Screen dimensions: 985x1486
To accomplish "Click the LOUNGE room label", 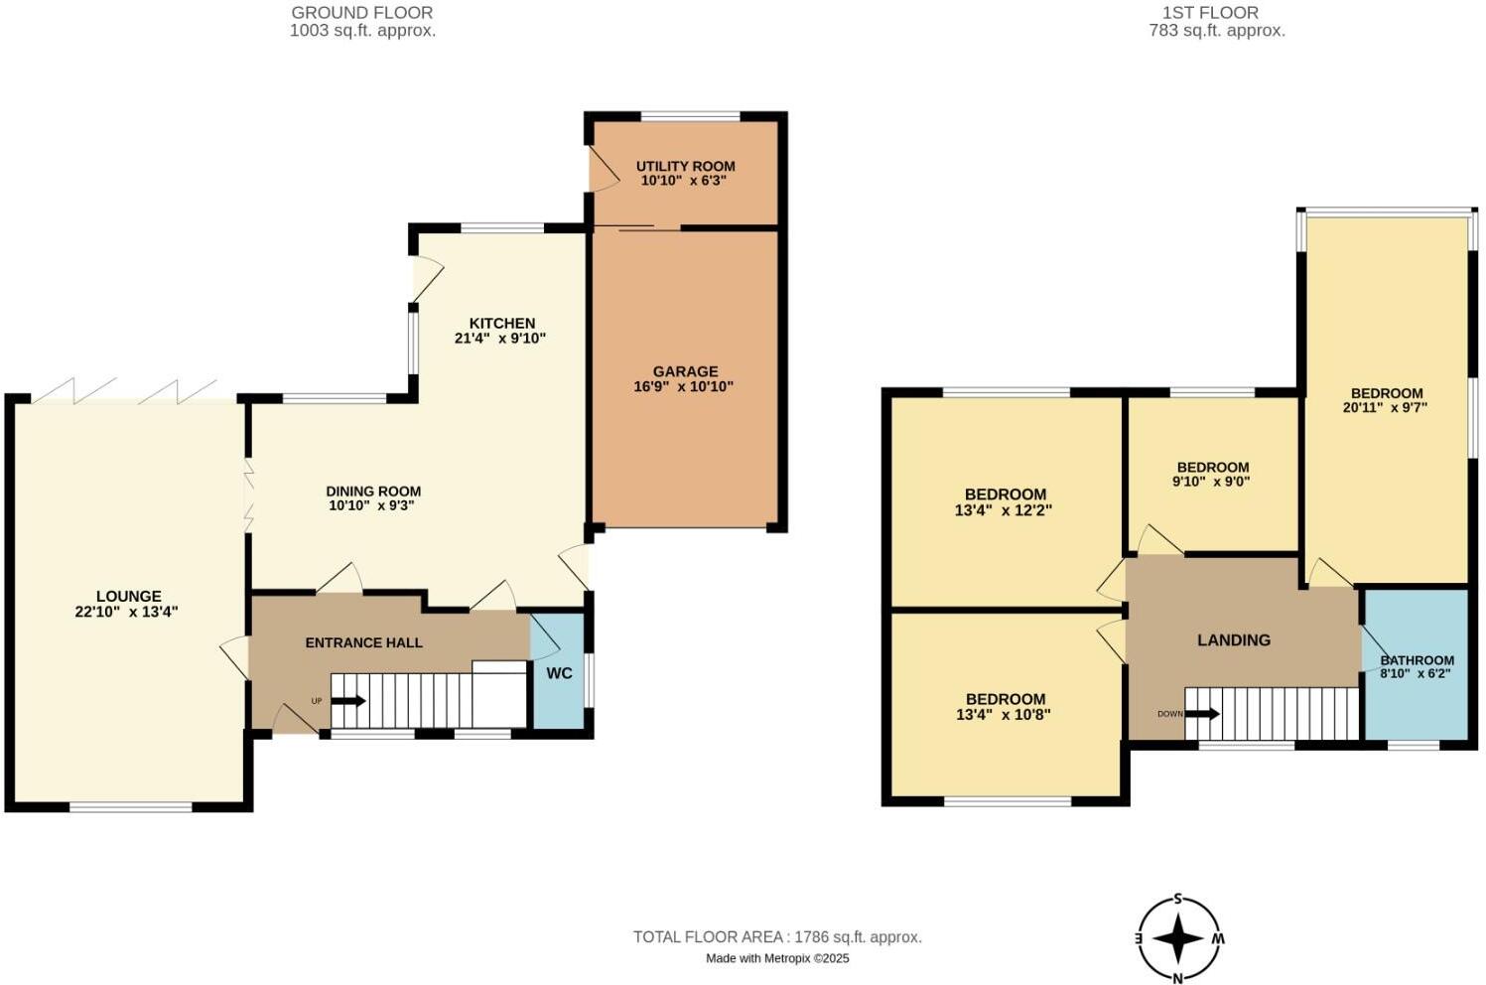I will [128, 597].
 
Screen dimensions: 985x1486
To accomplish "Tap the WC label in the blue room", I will [559, 673].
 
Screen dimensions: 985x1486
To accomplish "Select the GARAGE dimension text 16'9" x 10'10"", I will [683, 386].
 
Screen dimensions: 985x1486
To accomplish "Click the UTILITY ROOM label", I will [685, 166].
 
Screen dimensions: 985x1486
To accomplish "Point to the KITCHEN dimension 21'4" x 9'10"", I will [501, 338].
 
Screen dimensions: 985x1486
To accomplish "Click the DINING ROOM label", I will [373, 491].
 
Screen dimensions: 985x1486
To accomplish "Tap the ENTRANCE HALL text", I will [363, 642].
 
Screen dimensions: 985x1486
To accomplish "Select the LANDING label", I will [1233, 640].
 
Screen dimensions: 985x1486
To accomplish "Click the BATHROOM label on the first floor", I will [1417, 659].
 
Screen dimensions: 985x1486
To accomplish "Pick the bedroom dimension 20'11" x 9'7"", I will [1386, 406].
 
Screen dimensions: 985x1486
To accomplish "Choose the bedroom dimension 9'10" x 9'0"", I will [1211, 482].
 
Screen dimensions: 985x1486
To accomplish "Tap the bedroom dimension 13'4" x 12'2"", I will [1005, 510].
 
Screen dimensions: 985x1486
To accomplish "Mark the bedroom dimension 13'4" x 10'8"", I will [1005, 714].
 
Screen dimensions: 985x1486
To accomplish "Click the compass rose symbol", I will [1178, 938].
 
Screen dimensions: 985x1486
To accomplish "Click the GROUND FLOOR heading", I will [362, 13].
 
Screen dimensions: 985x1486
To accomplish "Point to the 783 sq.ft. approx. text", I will [1216, 31].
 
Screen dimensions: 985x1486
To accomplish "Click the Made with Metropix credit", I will [777, 958].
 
